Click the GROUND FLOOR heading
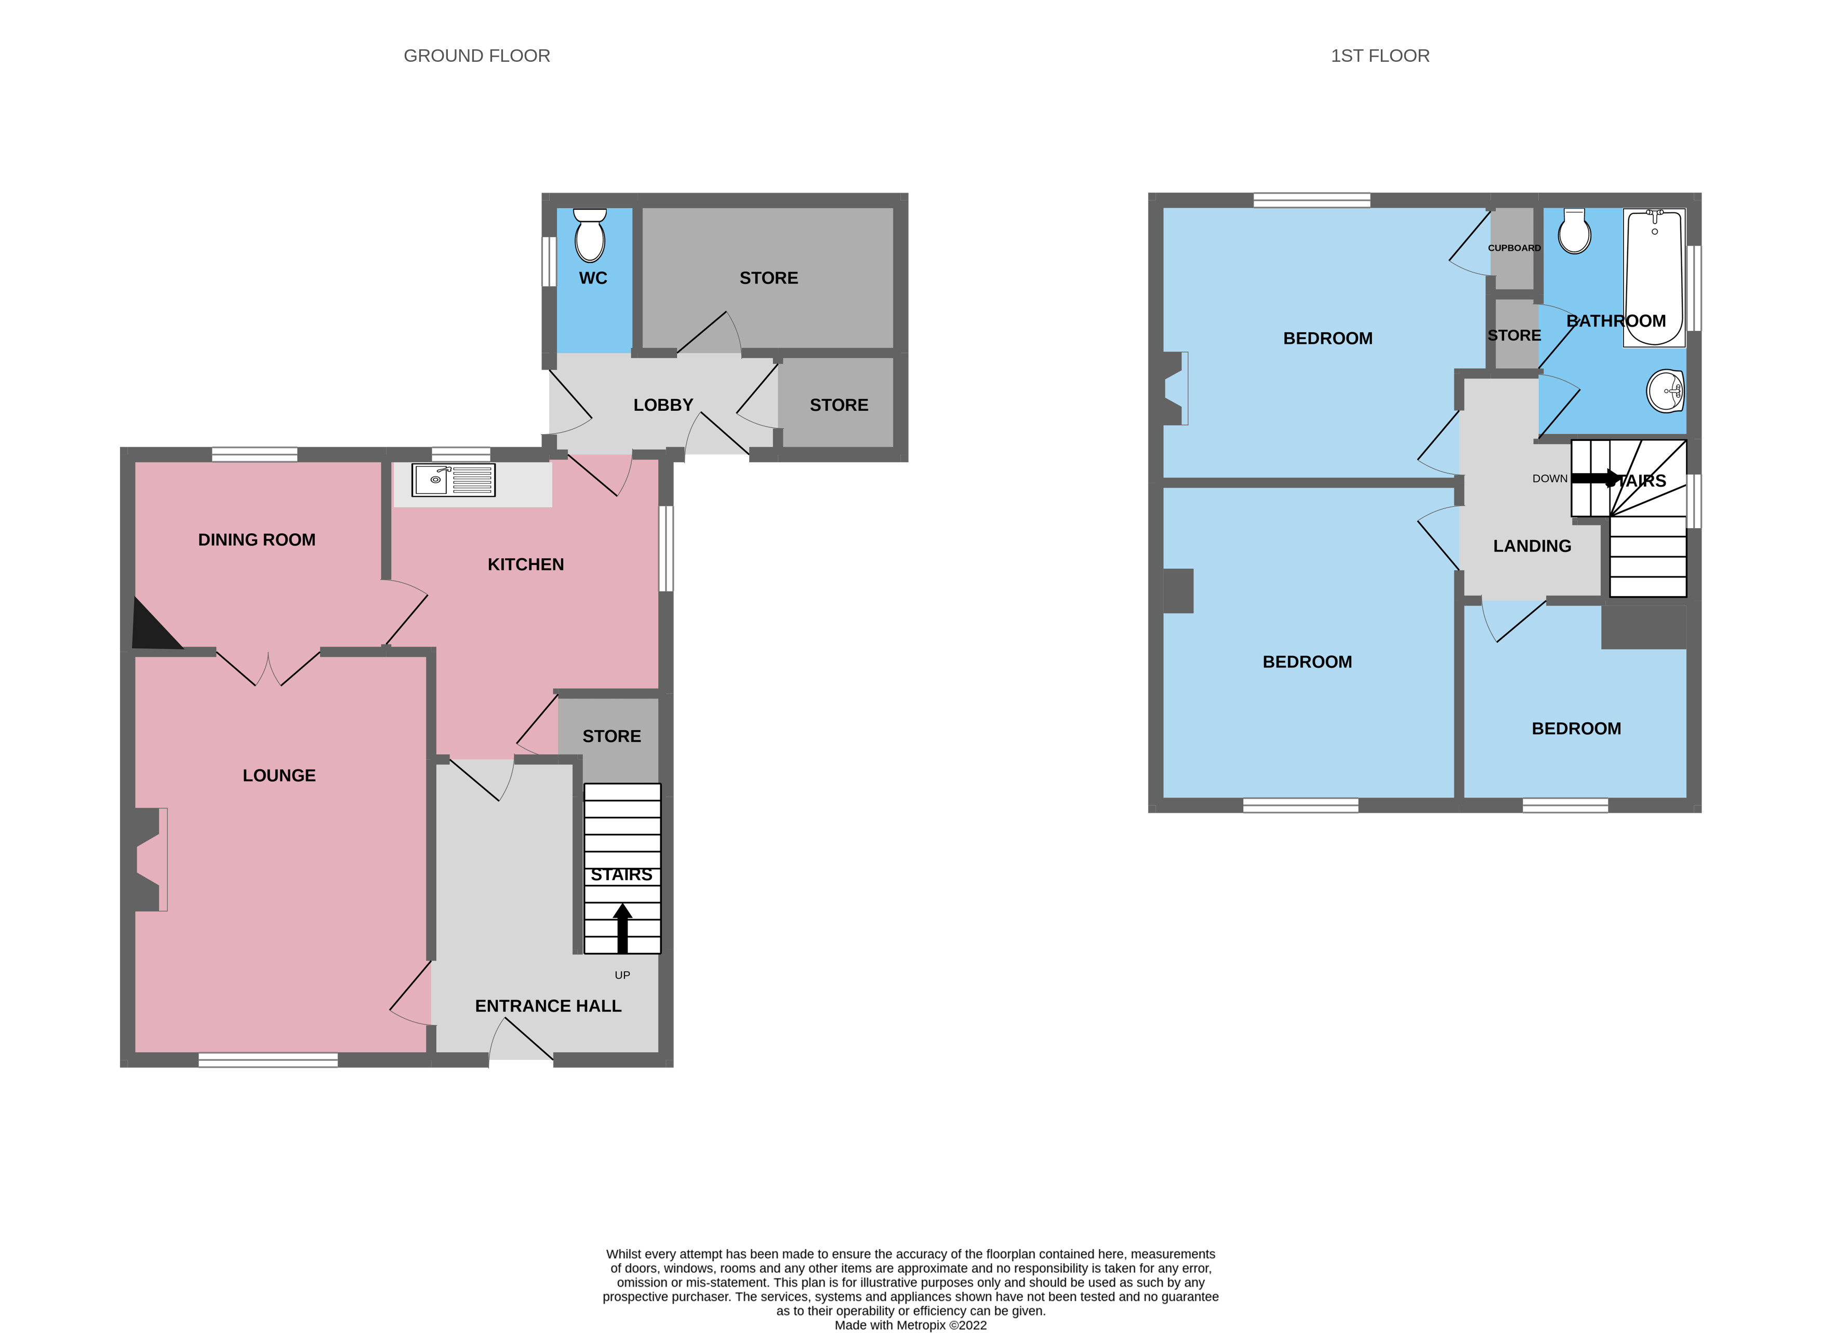click(476, 56)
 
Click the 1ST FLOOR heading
click(1379, 56)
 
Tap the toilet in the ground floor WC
click(590, 236)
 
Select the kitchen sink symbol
click(453, 480)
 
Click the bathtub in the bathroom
click(1654, 278)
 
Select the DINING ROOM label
click(257, 540)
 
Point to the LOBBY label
click(663, 405)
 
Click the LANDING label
click(1532, 546)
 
